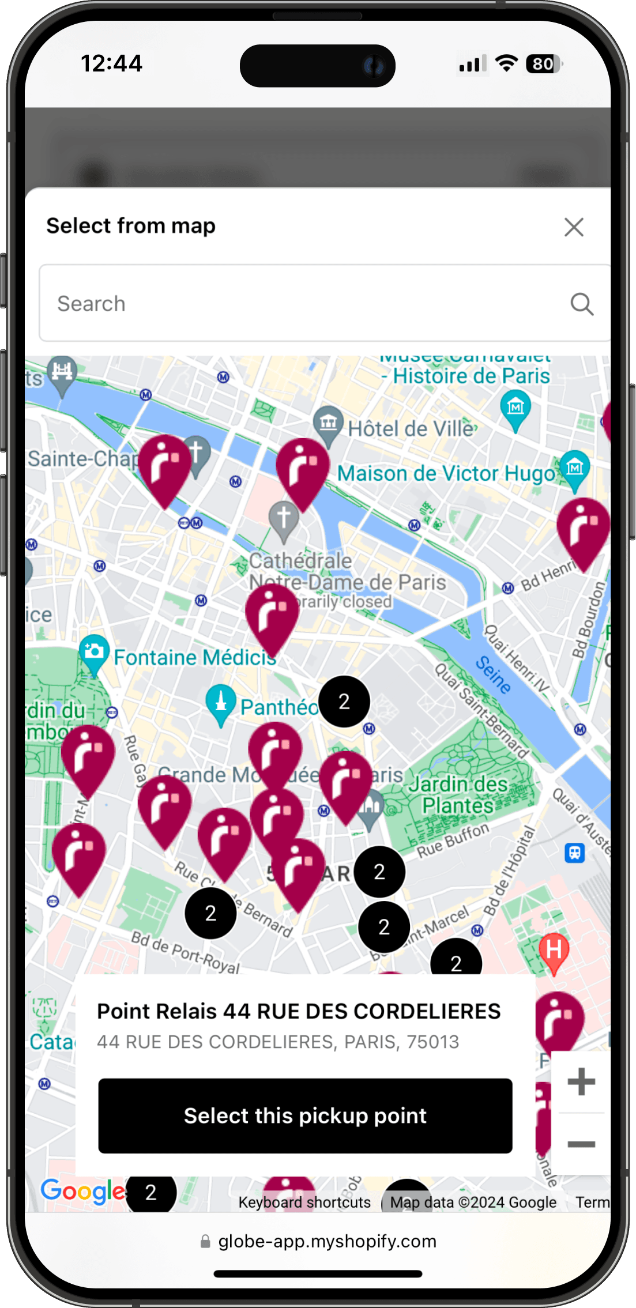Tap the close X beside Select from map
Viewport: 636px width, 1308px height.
[x=574, y=227]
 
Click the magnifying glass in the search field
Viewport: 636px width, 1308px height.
[x=582, y=304]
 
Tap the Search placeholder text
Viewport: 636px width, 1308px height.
[x=92, y=304]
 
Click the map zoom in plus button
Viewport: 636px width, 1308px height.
[x=581, y=1081]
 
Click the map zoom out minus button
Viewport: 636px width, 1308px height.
[x=581, y=1144]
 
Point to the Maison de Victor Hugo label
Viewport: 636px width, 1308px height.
[x=445, y=474]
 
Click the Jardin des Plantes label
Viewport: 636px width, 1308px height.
[x=458, y=794]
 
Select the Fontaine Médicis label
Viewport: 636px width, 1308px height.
[x=194, y=657]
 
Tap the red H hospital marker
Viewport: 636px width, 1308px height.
[x=554, y=950]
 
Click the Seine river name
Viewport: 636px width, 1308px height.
[x=493, y=674]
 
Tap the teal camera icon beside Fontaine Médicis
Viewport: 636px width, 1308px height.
[x=94, y=652]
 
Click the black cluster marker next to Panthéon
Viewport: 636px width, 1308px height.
[x=344, y=702]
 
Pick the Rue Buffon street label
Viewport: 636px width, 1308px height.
[x=453, y=840]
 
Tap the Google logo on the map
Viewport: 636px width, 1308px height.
[x=83, y=1191]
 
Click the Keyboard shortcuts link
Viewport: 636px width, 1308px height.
[x=304, y=1203]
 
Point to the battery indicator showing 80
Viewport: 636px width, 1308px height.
[x=544, y=64]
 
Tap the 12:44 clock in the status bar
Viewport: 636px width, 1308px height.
[x=111, y=63]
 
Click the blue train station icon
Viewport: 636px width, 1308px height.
[x=574, y=852]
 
